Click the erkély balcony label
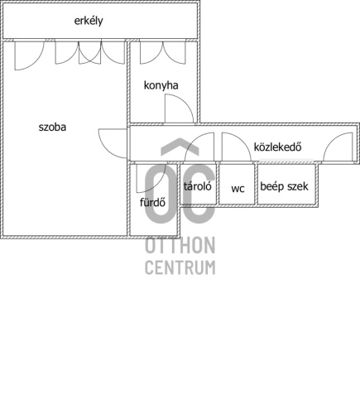tap(89, 22)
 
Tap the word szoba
tap(52, 128)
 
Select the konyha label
tap(161, 85)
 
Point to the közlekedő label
tap(277, 147)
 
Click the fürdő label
tap(152, 202)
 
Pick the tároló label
tap(198, 186)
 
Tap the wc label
tap(238, 189)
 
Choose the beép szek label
tap(284, 186)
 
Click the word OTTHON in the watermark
tap(180, 245)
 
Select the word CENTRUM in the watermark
tap(180, 267)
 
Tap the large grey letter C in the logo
tap(198, 194)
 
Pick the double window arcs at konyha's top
tap(163, 55)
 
